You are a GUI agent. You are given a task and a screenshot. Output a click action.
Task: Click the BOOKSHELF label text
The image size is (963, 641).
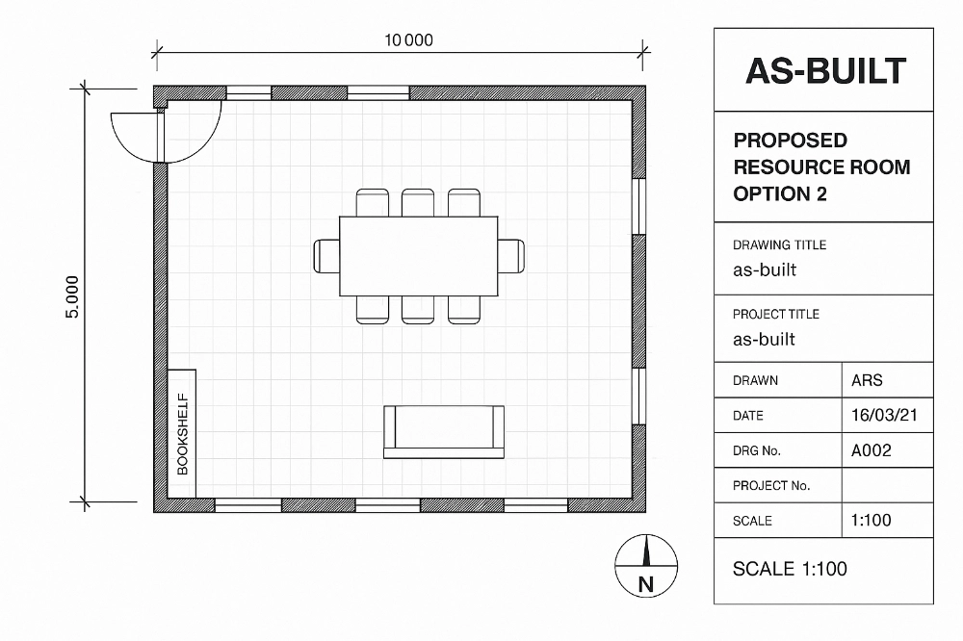tap(182, 433)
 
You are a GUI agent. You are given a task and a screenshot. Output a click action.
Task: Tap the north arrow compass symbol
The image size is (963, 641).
tap(646, 567)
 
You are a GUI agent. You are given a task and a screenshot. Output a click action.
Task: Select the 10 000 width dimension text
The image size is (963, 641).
tap(408, 40)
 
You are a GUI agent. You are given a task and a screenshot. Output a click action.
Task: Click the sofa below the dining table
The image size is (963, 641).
tap(444, 431)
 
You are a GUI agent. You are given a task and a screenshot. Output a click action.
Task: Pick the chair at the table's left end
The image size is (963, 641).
tap(326, 256)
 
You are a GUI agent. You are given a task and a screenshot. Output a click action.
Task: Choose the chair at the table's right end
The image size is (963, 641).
tap(510, 256)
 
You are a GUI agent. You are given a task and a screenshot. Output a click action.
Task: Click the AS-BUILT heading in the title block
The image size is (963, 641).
tap(825, 70)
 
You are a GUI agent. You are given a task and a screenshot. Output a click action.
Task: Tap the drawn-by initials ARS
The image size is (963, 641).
tap(867, 380)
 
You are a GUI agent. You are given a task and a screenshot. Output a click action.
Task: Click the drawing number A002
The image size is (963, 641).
tap(872, 450)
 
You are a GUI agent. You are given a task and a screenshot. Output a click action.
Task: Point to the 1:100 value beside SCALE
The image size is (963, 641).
tap(872, 521)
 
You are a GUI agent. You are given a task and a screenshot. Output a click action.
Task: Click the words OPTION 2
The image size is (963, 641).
tap(780, 193)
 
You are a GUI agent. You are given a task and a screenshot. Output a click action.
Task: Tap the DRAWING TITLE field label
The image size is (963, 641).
tap(779, 245)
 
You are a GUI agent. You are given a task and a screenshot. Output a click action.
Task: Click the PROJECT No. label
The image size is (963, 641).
tap(771, 486)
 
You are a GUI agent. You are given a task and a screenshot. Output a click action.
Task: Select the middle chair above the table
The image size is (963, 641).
tap(418, 202)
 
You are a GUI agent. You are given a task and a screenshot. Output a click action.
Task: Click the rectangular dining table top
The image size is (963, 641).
tap(418, 256)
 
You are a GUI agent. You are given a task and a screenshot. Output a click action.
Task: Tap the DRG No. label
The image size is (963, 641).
tap(757, 450)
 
